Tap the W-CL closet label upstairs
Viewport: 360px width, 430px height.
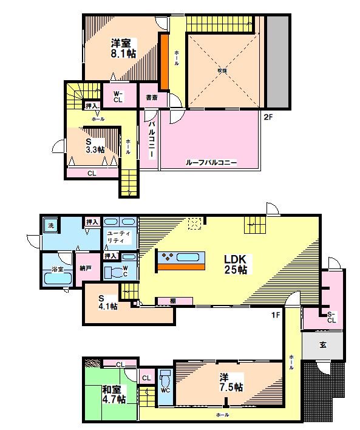click(118, 97)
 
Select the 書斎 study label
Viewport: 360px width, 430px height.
click(151, 97)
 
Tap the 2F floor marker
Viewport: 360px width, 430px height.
click(270, 117)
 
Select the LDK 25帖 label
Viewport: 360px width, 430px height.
click(234, 264)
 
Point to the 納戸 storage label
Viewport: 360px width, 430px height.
click(86, 267)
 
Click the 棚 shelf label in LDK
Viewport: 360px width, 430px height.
click(173, 301)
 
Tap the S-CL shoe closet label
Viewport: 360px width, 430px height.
click(331, 316)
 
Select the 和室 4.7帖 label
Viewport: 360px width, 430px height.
click(114, 395)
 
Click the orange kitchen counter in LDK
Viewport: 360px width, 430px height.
click(180, 265)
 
